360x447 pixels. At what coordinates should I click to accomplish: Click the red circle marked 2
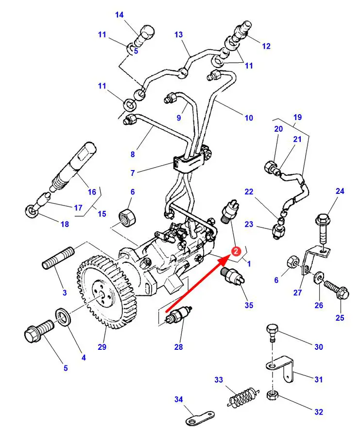[x=235, y=251]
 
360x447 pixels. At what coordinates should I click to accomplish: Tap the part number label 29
[x=102, y=346]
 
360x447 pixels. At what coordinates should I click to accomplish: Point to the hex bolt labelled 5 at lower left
[x=37, y=332]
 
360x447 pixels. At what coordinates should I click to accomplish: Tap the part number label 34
[x=178, y=399]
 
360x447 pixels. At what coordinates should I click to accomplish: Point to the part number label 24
[x=340, y=191]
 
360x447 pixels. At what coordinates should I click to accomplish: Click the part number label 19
[x=297, y=117]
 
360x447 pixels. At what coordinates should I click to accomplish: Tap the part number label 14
[x=120, y=15]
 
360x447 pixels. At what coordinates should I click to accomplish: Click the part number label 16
[x=92, y=192]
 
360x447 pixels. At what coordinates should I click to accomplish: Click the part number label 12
[x=266, y=46]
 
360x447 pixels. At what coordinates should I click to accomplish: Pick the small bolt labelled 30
[x=273, y=334]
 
